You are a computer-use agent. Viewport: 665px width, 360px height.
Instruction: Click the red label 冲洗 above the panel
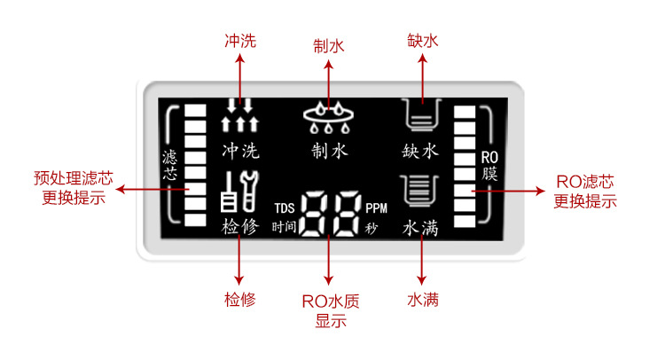tap(239, 41)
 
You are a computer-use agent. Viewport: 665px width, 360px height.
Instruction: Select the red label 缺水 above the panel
tap(421, 41)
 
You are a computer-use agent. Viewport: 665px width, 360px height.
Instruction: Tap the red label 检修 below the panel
tap(239, 299)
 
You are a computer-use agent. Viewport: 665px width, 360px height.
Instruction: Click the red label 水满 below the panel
tap(422, 299)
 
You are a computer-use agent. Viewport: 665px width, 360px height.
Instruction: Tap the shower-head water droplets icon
tap(329, 118)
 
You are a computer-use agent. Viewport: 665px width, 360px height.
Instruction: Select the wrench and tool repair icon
tap(239, 192)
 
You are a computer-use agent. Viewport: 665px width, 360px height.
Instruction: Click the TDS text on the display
tap(284, 207)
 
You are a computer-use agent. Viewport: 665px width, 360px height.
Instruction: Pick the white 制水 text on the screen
tap(329, 151)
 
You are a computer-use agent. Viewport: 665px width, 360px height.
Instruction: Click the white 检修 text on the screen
tap(240, 227)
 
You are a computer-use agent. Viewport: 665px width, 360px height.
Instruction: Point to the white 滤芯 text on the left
tap(170, 165)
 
